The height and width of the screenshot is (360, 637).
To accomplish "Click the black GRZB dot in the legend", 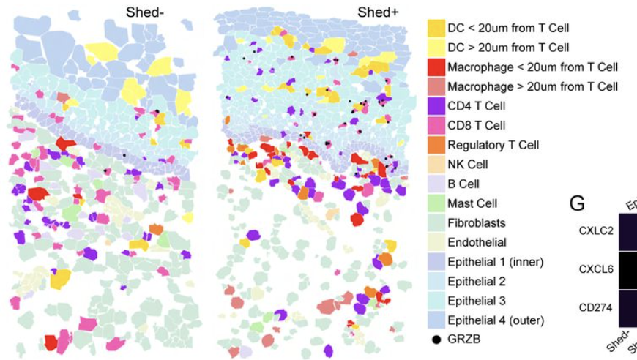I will tap(436, 340).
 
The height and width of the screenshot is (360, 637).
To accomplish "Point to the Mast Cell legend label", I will tap(472, 203).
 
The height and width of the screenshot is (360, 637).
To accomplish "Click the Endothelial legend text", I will tap(477, 242).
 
